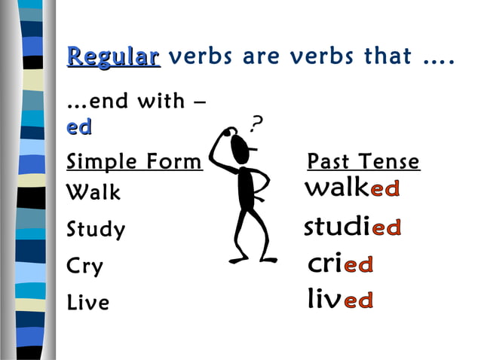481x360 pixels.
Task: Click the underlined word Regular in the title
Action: [x=113, y=57]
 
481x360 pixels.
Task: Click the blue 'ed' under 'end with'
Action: [x=79, y=128]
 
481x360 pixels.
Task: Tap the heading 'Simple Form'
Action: [x=134, y=162]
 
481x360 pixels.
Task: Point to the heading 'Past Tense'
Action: [x=363, y=162]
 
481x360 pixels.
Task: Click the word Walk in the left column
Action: [x=93, y=193]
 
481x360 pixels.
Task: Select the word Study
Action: [x=96, y=229]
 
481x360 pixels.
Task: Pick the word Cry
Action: [x=85, y=267]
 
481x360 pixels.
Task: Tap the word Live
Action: [x=88, y=303]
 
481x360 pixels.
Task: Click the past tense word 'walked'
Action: [x=351, y=188]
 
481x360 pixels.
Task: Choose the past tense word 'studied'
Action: [x=352, y=227]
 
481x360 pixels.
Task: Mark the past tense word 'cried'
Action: [x=341, y=264]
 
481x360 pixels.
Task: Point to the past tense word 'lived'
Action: [x=340, y=301]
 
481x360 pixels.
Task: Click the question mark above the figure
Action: [x=257, y=121]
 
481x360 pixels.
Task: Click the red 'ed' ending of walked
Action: [x=384, y=189]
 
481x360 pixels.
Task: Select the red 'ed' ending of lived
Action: [x=359, y=301]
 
